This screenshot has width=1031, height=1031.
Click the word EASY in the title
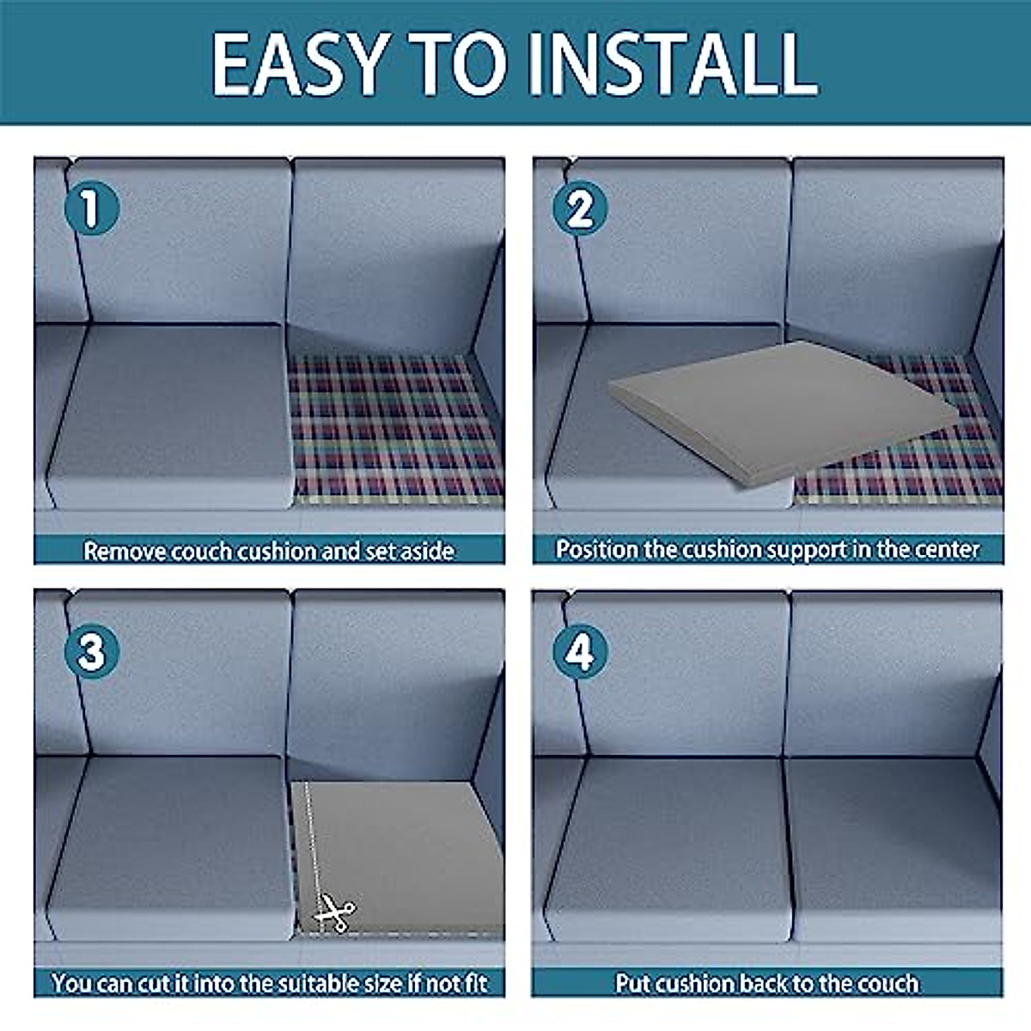(301, 64)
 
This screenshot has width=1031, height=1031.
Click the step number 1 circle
(91, 208)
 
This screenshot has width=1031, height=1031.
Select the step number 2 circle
(580, 208)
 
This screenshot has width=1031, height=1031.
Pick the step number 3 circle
(91, 651)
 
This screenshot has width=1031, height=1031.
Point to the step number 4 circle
(580, 651)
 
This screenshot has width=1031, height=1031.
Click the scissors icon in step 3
(335, 912)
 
